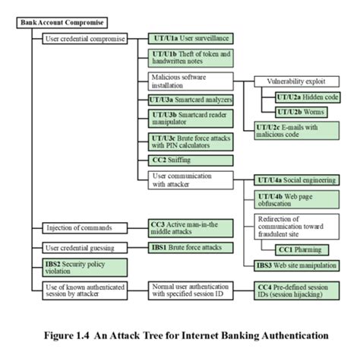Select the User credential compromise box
85,37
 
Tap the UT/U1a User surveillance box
190,37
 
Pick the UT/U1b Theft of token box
190,58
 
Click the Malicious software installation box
190,81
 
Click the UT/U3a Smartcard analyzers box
190,100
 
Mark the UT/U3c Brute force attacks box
190,142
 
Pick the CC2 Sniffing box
190,161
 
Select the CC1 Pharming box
302,249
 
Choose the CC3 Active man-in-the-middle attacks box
190,228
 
